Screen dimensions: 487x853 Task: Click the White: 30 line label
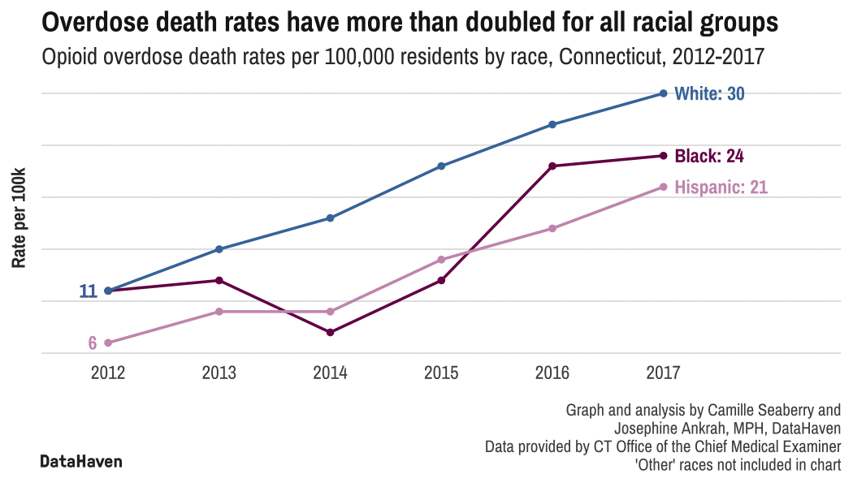tap(709, 94)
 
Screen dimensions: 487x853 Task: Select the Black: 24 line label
tap(709, 156)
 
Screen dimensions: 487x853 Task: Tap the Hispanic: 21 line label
tap(721, 187)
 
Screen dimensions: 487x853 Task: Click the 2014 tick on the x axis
tap(330, 373)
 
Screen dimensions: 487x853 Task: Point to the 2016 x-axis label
tap(552, 373)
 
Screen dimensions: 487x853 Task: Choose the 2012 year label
tap(108, 373)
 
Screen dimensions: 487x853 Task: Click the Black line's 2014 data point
tap(330, 333)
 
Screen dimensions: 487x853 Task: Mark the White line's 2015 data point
tap(441, 166)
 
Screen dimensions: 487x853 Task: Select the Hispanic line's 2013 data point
tap(219, 312)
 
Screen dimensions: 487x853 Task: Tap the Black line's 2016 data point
tap(552, 166)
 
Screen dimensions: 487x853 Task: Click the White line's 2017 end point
tap(664, 93)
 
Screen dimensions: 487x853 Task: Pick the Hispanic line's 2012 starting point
tap(108, 343)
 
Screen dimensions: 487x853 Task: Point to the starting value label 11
tap(88, 291)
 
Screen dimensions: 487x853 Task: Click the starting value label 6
tap(93, 343)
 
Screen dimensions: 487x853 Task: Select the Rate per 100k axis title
tap(19, 218)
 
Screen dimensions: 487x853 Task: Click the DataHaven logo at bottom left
tap(81, 462)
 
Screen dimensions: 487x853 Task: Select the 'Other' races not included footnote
tap(737, 464)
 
